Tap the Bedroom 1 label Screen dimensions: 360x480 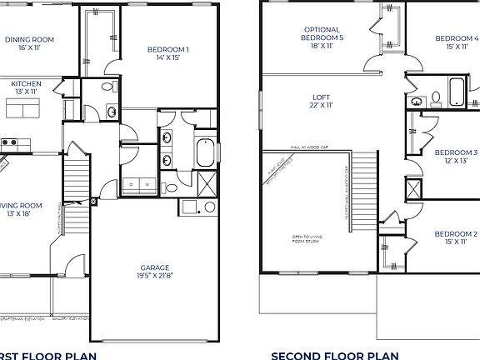[x=167, y=50]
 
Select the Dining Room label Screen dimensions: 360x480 [x=29, y=39]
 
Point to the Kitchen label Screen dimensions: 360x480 [x=25, y=83]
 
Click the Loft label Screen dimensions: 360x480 [x=321, y=97]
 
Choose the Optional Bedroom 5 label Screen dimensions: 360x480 [x=321, y=34]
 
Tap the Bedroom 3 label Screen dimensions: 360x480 [x=456, y=152]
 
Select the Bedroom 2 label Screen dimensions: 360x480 [x=456, y=234]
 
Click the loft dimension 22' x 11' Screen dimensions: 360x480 [x=321, y=106]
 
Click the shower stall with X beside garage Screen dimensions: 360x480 [x=205, y=184]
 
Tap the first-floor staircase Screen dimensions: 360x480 [x=76, y=183]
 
